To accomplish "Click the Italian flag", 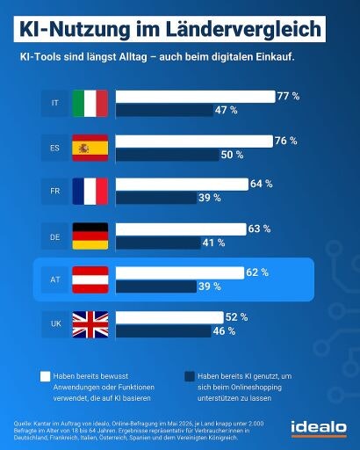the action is point(90,104).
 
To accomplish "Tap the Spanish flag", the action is point(90,148).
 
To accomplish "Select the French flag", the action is point(90,192).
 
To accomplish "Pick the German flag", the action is point(90,236).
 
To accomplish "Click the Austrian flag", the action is point(90,279).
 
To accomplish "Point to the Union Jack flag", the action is point(90,324).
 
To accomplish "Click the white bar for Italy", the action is point(195,97).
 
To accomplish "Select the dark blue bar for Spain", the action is point(168,155).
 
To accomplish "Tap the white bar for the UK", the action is point(169,317).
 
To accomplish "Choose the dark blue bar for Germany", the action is point(158,243).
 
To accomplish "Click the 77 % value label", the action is point(288,96).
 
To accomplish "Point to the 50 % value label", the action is point(232,155).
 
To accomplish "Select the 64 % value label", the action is point(262,184).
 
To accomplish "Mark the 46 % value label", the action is point(224,331).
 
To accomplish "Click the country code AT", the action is point(55,279).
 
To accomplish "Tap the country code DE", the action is point(55,237).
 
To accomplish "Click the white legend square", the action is point(46,376).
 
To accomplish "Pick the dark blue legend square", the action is point(190,377).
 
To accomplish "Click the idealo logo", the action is point(319,428).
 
